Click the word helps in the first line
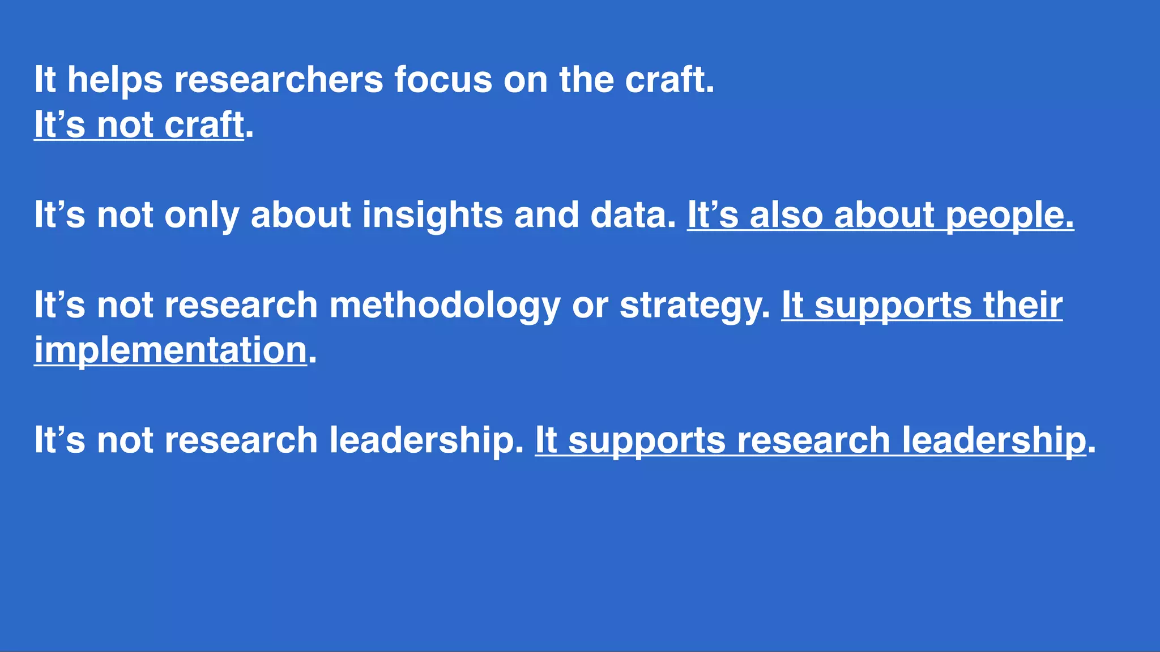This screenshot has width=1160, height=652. [x=115, y=80]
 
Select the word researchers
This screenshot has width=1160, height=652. [x=279, y=80]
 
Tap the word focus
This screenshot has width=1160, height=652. [x=443, y=80]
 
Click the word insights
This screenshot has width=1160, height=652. [x=432, y=215]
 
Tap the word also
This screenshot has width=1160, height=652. [x=786, y=215]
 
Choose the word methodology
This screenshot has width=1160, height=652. [x=445, y=306]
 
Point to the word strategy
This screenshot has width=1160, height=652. [x=695, y=306]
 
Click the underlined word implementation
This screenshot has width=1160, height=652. [x=170, y=350]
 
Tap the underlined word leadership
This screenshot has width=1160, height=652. [x=994, y=440]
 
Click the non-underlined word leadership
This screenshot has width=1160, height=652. [x=427, y=440]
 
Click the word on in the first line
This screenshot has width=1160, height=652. [x=526, y=80]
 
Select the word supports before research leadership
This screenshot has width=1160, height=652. [x=647, y=440]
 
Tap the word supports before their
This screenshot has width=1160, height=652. [x=893, y=306]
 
